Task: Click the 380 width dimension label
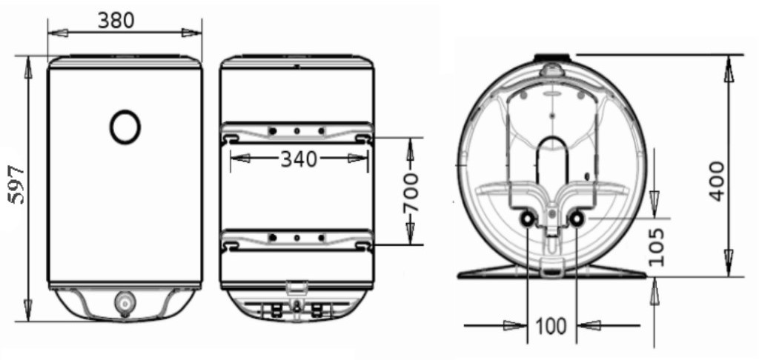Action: tap(116, 20)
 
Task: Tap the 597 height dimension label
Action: tap(17, 184)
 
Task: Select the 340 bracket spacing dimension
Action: tap(299, 159)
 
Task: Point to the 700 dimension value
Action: tap(411, 193)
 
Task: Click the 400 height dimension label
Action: tap(717, 181)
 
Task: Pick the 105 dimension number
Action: tap(656, 247)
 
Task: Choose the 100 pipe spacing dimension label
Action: tap(551, 326)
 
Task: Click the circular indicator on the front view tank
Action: tap(125, 127)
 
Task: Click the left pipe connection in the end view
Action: tap(527, 219)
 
